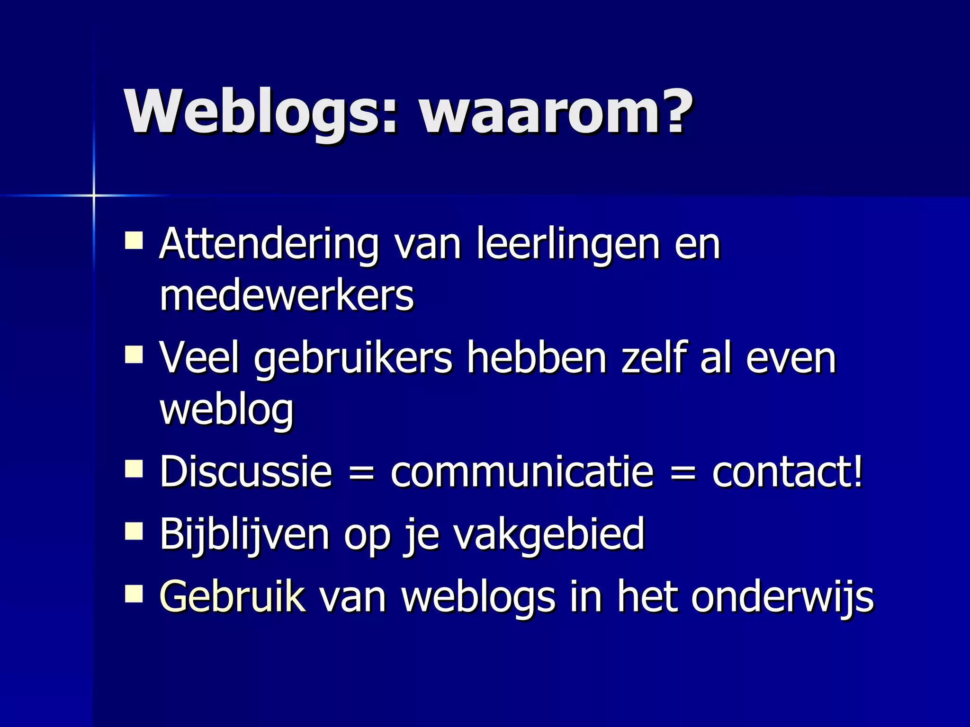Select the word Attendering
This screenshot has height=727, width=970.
click(269, 245)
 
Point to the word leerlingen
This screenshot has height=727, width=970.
click(568, 245)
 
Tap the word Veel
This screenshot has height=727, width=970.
click(199, 358)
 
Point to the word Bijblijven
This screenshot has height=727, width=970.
click(244, 535)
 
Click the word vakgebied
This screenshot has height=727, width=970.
click(549, 535)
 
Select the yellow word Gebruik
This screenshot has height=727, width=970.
click(233, 597)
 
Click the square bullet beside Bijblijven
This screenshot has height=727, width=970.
click(134, 532)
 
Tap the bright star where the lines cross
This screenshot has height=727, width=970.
click(94, 195)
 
